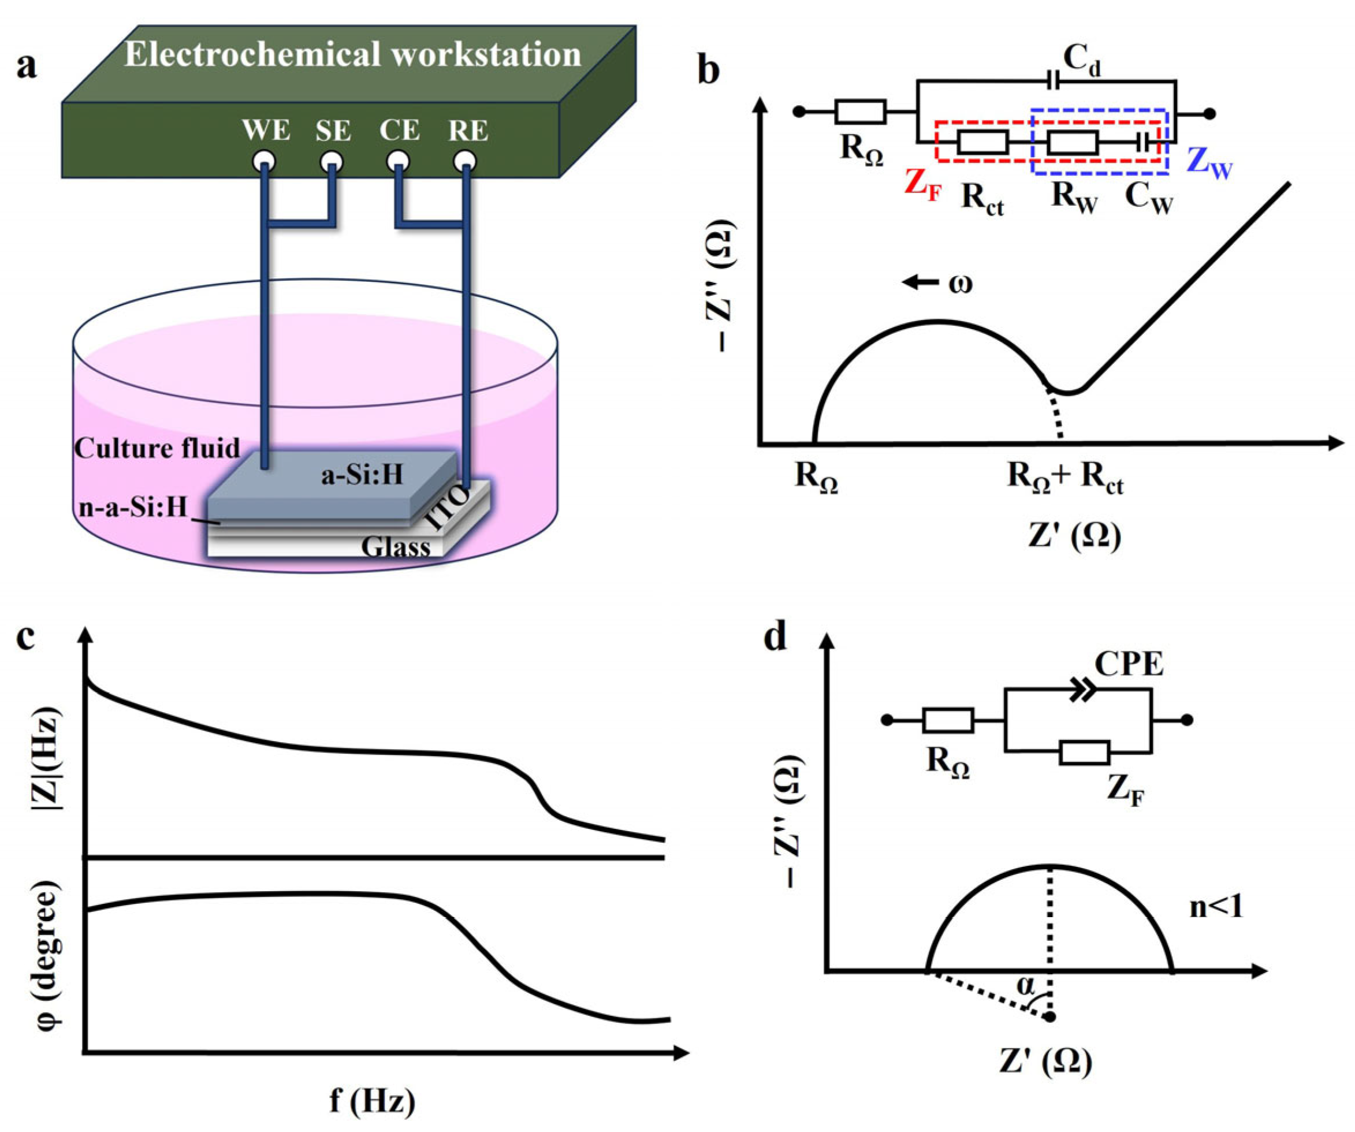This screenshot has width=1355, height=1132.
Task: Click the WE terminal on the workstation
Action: click(265, 161)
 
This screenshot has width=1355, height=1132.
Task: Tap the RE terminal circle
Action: click(465, 161)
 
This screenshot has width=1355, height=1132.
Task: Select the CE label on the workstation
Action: click(400, 131)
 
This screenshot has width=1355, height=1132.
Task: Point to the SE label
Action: click(333, 132)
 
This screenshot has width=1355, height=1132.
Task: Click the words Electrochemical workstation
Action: click(352, 54)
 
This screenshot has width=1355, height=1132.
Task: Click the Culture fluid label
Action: click(157, 448)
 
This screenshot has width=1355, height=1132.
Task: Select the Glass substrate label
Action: click(396, 548)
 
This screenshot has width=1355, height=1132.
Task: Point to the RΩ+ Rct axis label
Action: click(1065, 479)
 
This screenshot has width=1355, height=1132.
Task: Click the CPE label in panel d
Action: click(1129, 664)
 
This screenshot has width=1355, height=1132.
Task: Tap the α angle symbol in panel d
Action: click(1025, 985)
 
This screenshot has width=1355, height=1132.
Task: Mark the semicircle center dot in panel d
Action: click(1051, 1017)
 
